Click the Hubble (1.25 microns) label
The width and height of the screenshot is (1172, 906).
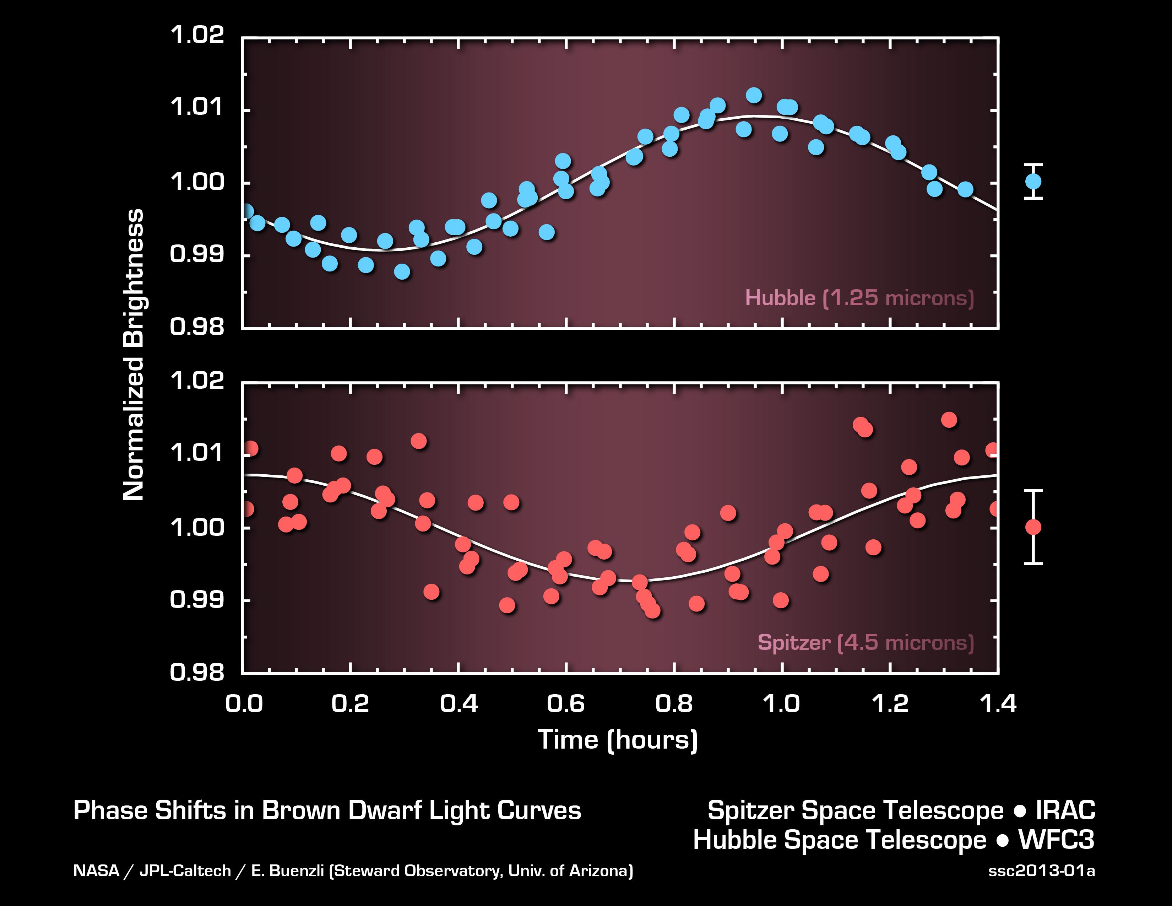[x=859, y=298]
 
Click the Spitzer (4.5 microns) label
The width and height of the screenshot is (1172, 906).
[x=865, y=642]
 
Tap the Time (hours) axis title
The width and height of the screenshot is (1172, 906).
[x=618, y=740]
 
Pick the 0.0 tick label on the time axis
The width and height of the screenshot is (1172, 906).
[x=244, y=703]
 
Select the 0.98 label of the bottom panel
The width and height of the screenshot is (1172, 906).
[x=196, y=672]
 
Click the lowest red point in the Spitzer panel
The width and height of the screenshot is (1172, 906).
[x=652, y=610]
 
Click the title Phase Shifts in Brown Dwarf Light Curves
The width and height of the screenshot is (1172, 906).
[x=327, y=810]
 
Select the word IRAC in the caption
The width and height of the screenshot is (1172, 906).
[x=1065, y=810]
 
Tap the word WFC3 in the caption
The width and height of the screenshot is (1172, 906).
[x=1056, y=840]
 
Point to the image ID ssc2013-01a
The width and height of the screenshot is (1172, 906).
[x=1041, y=870]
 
